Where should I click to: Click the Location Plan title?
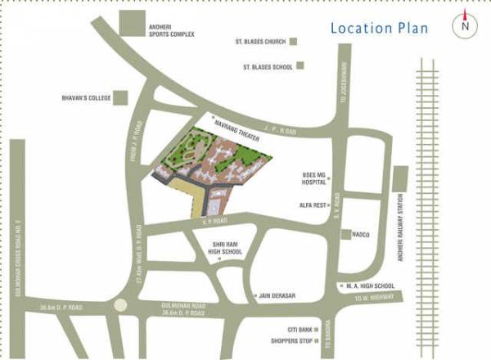(x=379, y=28)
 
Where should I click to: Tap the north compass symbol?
(x=465, y=25)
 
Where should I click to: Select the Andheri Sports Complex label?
(x=171, y=33)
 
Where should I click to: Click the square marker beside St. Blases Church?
(x=293, y=41)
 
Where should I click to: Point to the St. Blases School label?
(x=267, y=66)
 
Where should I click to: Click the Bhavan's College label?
(x=85, y=98)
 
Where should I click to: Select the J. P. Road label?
(x=280, y=129)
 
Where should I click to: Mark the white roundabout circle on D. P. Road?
(x=122, y=306)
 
